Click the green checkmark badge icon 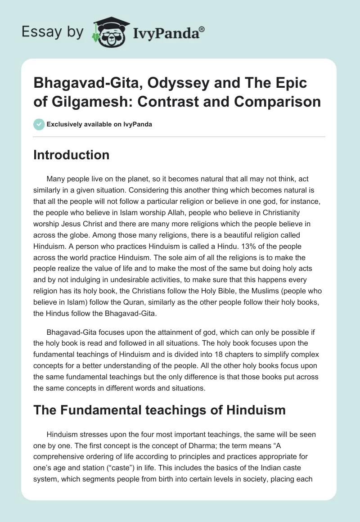39,124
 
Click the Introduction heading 72,155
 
